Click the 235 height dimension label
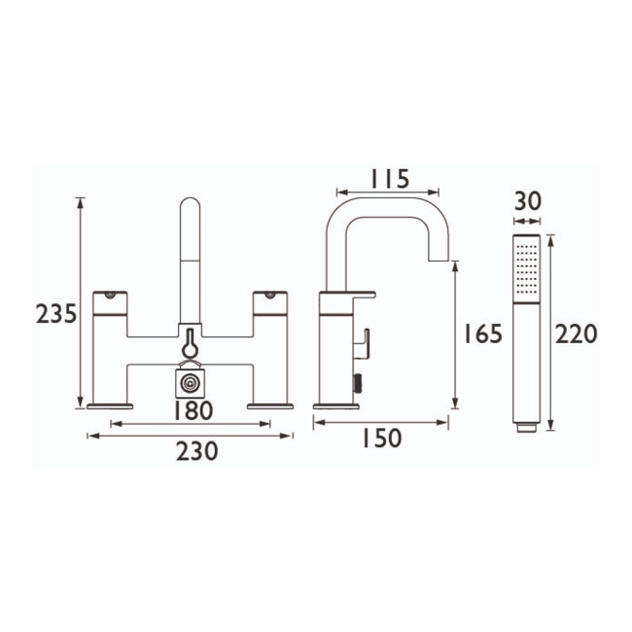point(55,315)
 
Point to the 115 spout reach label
point(388,179)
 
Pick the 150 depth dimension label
point(381,439)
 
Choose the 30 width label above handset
point(527,201)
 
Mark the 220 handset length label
point(576,334)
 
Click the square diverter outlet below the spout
point(192,382)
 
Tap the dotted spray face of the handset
point(527,266)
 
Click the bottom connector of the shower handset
point(526,425)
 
